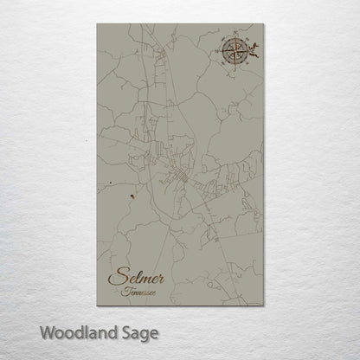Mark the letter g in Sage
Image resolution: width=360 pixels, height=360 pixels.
(142, 334)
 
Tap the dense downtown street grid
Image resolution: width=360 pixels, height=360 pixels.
(181, 177)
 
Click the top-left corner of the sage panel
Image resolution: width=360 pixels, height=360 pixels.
(98, 24)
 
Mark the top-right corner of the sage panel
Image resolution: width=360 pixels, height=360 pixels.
(262, 24)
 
